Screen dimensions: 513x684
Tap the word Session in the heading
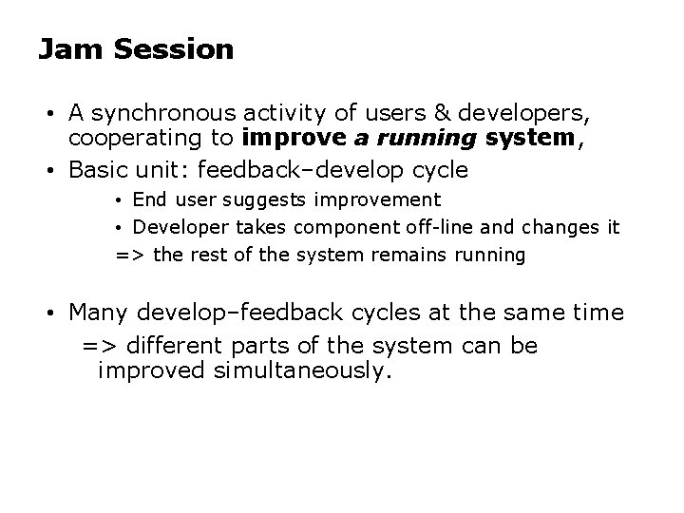(173, 49)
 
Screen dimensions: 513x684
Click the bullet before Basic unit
(57, 171)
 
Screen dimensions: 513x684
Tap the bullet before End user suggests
(121, 200)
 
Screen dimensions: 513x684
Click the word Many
(100, 312)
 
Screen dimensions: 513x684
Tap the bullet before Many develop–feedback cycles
(57, 313)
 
